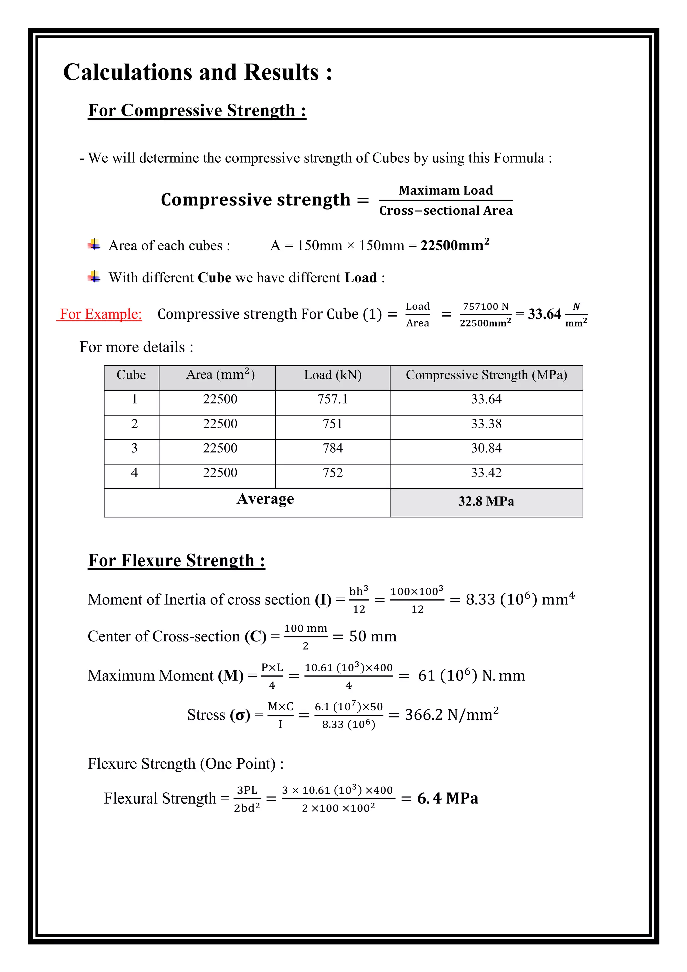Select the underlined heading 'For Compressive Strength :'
click(197, 110)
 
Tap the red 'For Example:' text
click(101, 314)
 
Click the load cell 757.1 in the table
click(332, 399)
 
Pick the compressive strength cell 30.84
click(486, 448)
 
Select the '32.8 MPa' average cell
click(486, 502)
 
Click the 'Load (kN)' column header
click(332, 375)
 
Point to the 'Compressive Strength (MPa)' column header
click(486, 375)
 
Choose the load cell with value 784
click(332, 448)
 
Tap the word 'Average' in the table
click(265, 499)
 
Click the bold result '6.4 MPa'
click(447, 798)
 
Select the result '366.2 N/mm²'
click(452, 715)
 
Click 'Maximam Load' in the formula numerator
click(446, 191)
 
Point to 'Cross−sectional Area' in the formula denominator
click(446, 211)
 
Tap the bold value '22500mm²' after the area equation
click(455, 245)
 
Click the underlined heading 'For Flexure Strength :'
click(176, 561)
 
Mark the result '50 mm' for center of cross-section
click(373, 636)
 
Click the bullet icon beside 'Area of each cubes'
click(94, 245)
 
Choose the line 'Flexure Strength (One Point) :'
click(186, 764)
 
